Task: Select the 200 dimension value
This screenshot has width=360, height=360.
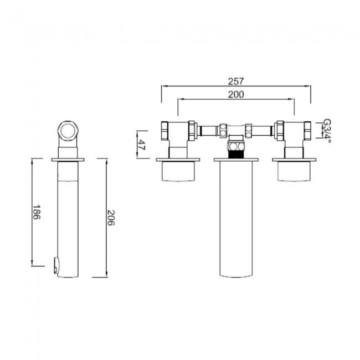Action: pos(235,95)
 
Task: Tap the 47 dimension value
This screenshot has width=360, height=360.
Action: pos(142,146)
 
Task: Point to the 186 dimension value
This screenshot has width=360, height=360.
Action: pos(37,213)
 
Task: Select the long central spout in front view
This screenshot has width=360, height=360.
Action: pos(235,222)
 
